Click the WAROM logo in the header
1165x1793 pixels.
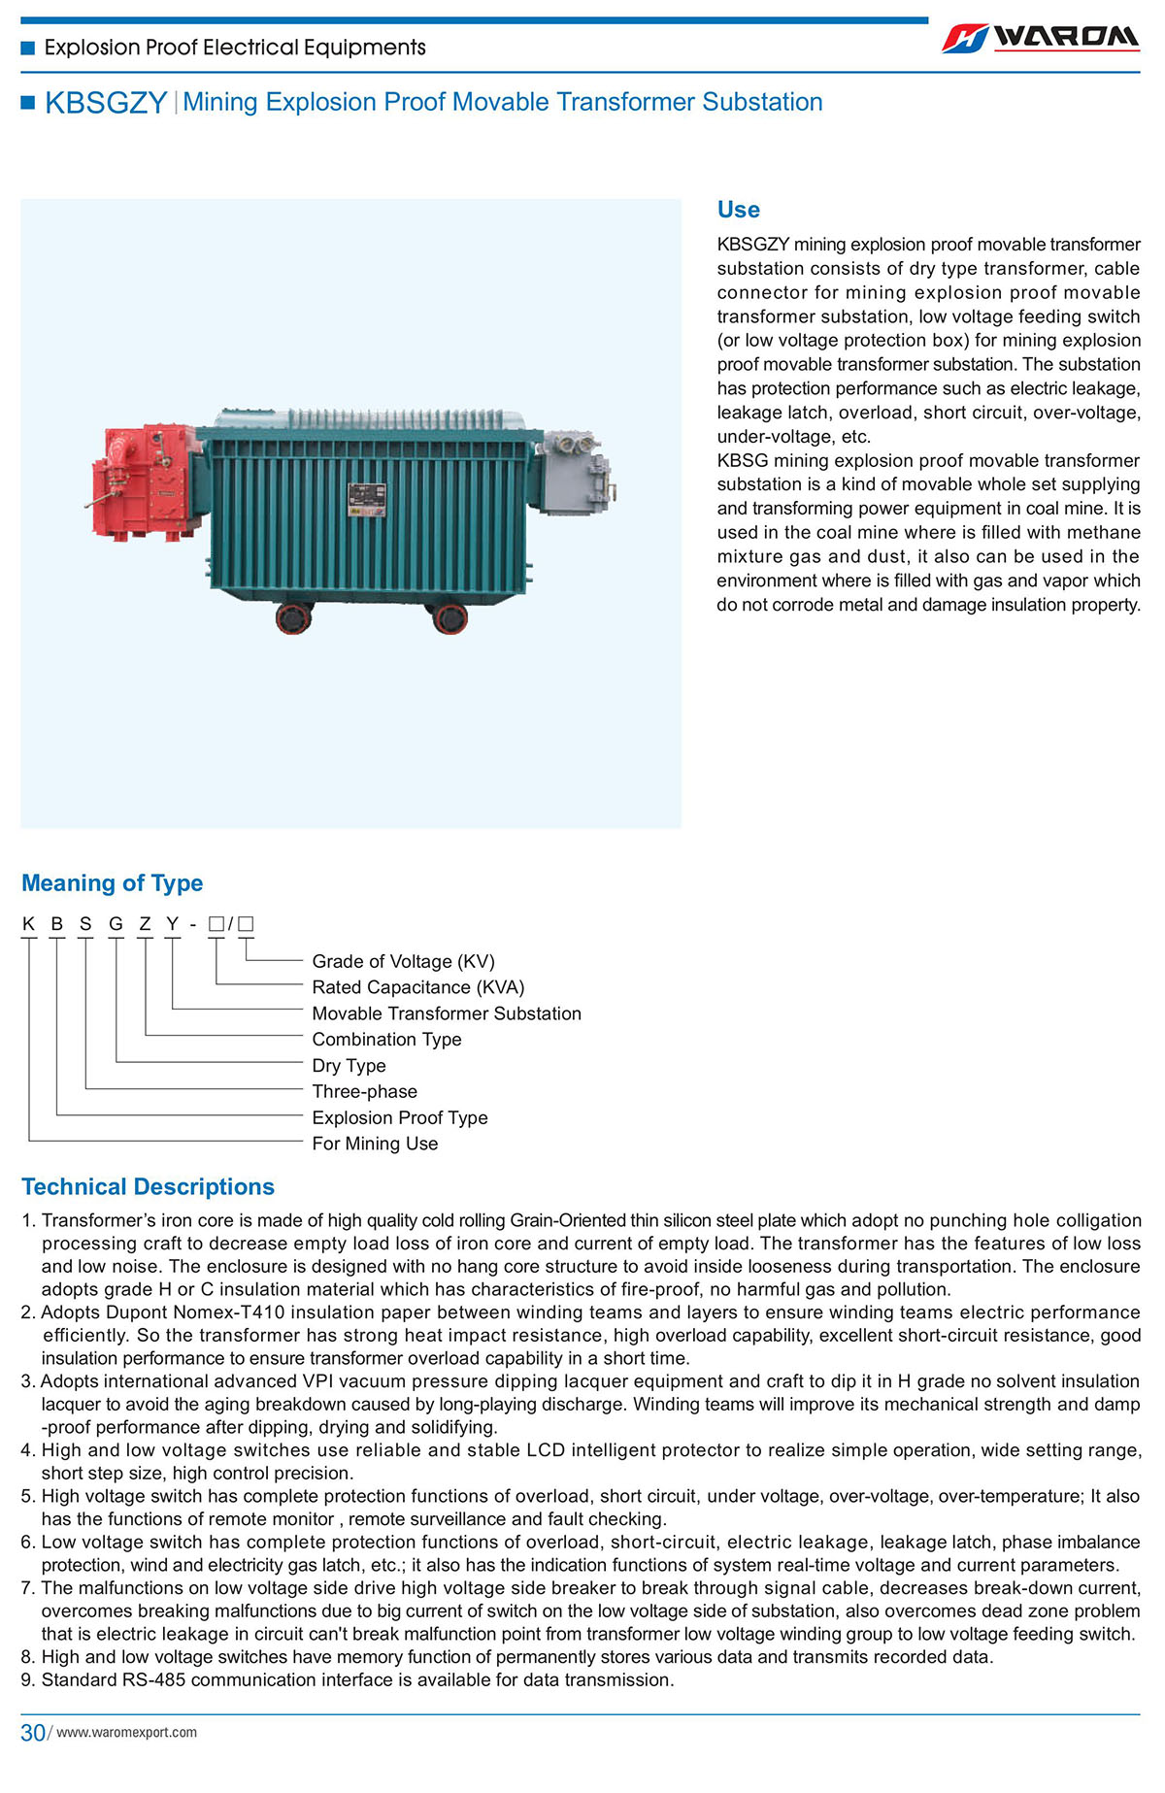(1040, 38)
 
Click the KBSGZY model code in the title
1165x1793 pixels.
(106, 103)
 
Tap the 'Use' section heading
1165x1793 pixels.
(738, 210)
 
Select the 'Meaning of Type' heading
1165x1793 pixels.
(112, 883)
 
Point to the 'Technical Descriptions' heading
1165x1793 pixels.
(148, 1187)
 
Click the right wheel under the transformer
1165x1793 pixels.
(449, 617)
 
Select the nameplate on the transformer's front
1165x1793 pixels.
(367, 502)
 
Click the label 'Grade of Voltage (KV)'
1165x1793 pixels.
(403, 961)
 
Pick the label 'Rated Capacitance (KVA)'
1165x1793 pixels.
(417, 987)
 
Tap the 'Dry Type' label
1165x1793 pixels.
(349, 1066)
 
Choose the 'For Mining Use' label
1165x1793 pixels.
(375, 1144)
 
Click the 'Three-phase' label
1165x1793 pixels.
(364, 1092)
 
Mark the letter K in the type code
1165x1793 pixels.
(29, 924)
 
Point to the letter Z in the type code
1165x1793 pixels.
(145, 924)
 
